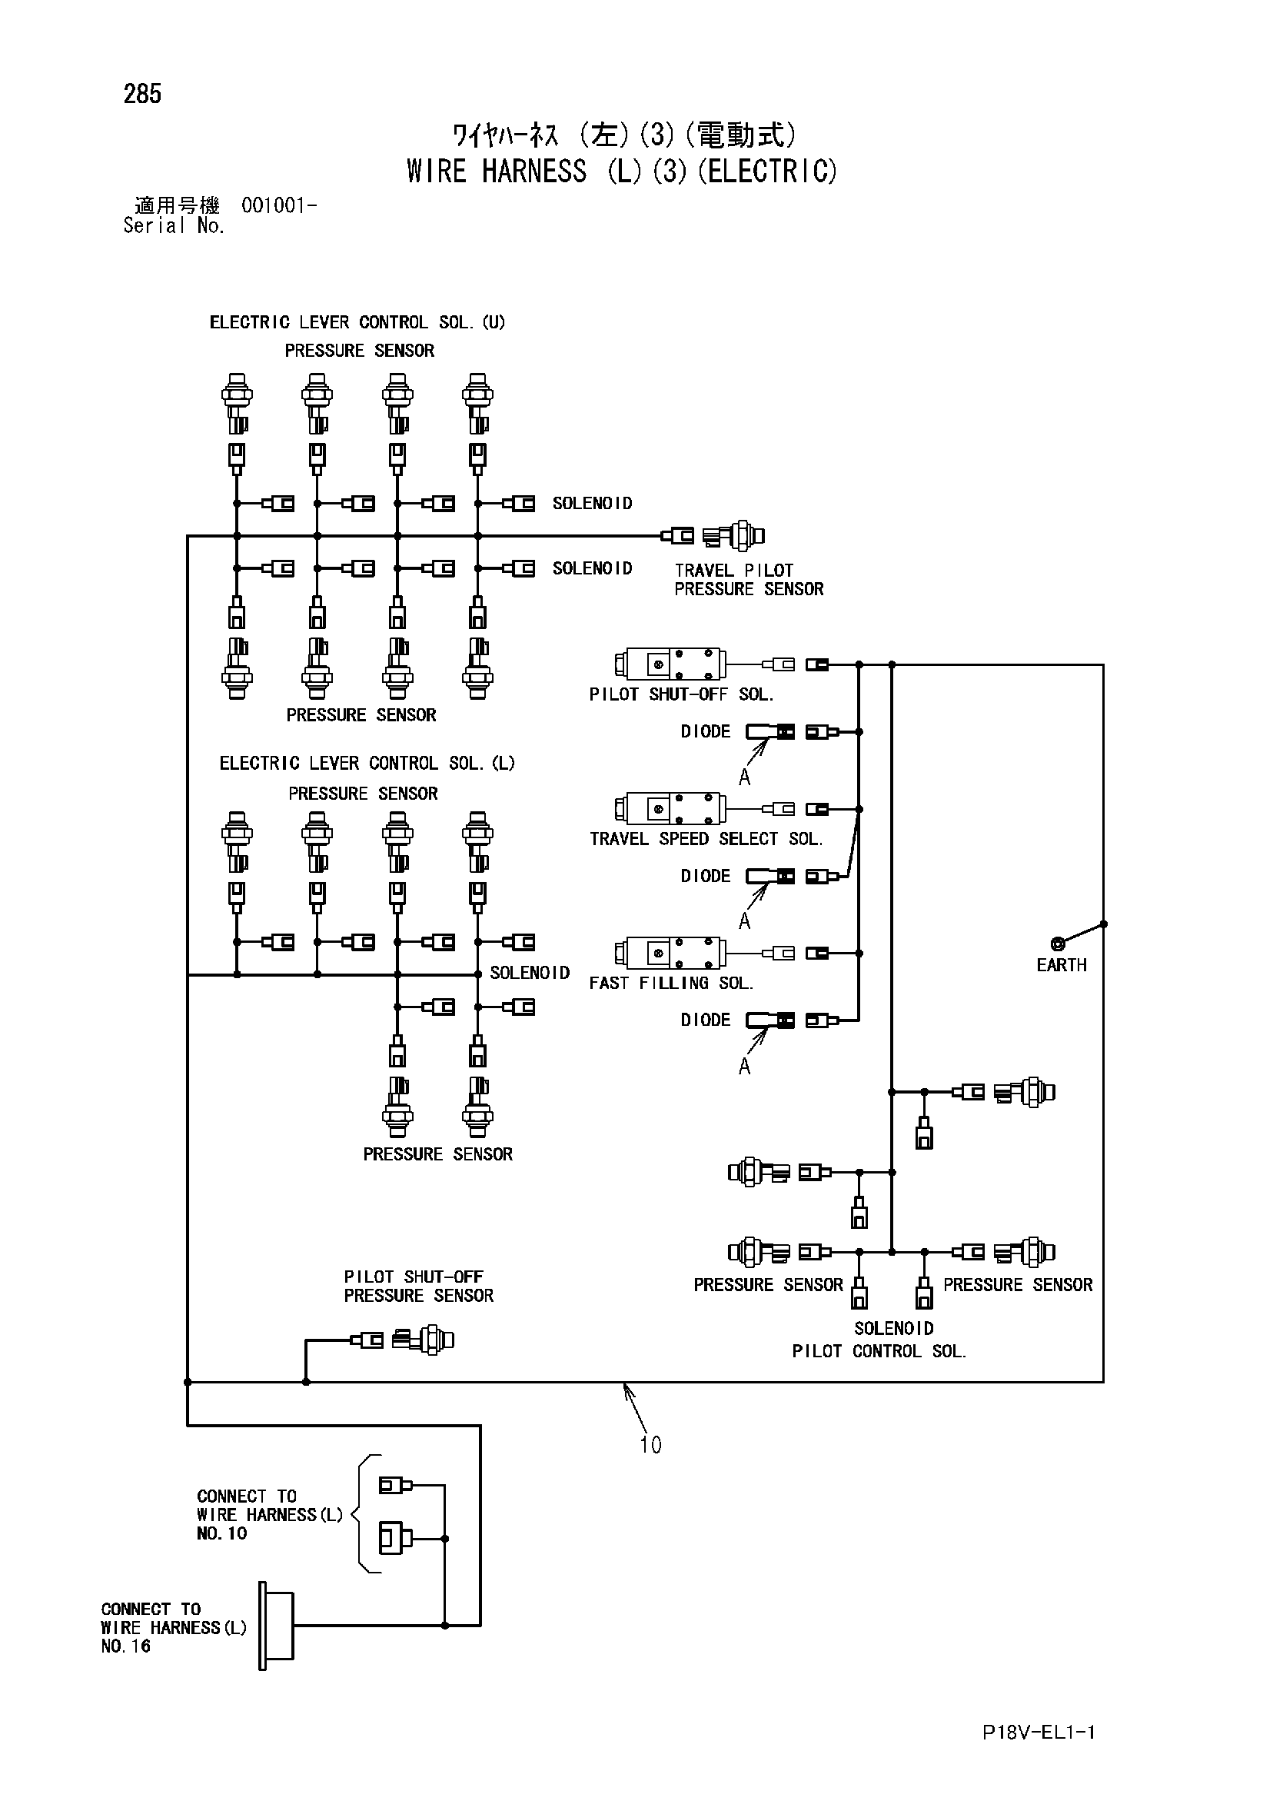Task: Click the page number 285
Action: coord(142,94)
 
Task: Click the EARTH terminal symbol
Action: coord(1057,944)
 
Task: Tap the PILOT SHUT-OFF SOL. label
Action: coord(681,694)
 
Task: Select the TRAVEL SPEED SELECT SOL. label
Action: coord(706,838)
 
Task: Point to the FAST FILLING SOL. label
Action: coord(670,983)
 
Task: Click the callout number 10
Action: coord(650,1445)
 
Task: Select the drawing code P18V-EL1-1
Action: coord(1039,1732)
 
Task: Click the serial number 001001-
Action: coord(279,205)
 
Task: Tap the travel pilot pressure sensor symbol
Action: coord(733,536)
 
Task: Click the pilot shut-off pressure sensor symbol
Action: coord(423,1340)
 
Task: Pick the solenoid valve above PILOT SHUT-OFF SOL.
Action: coord(670,664)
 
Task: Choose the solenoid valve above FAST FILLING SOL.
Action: coord(670,953)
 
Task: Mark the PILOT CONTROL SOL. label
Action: coord(879,1350)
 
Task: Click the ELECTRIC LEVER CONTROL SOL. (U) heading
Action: coord(357,322)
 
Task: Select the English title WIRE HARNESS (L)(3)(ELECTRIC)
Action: coord(621,171)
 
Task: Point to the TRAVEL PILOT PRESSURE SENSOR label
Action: coord(749,580)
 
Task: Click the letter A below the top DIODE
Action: coord(744,777)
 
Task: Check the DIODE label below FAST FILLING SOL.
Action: coord(705,1020)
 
